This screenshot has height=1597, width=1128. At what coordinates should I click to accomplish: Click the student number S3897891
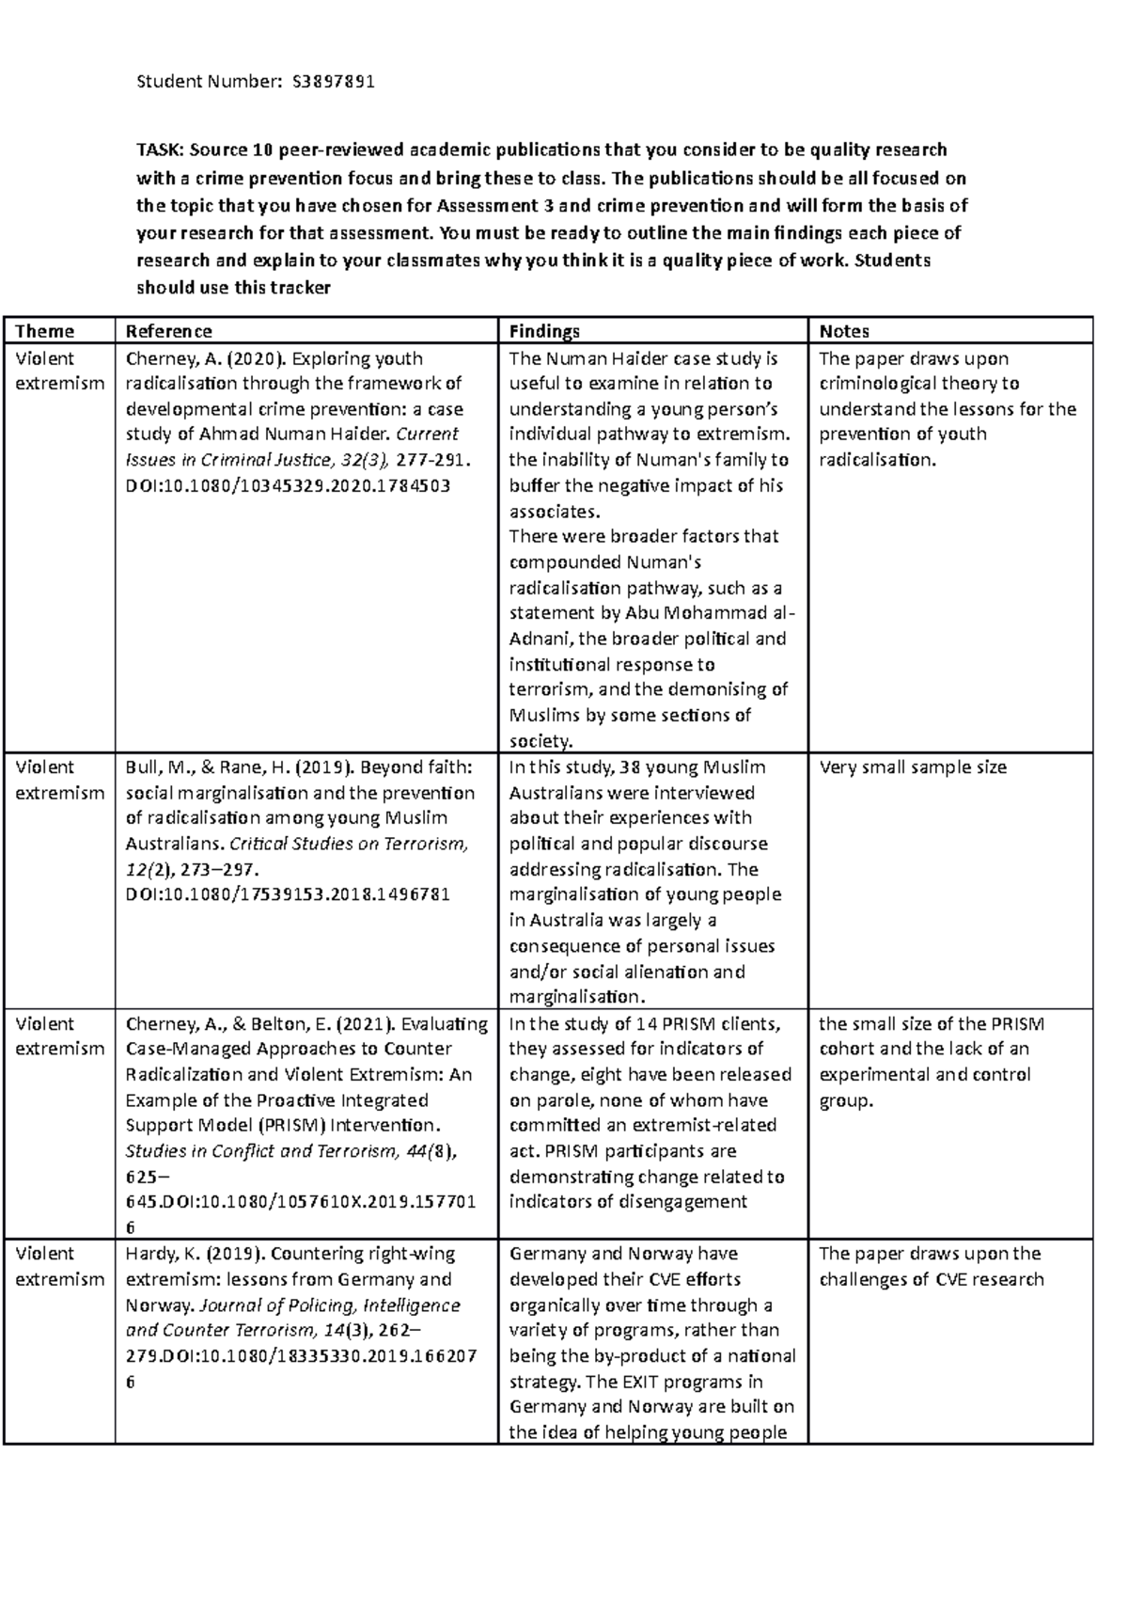click(x=333, y=81)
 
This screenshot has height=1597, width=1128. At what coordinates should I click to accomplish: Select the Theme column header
click(x=44, y=331)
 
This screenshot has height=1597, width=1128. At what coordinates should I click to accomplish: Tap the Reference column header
click(x=168, y=331)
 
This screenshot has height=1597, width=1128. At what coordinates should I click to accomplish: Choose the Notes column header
click(x=843, y=331)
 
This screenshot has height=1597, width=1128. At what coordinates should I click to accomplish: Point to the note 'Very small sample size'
click(x=912, y=767)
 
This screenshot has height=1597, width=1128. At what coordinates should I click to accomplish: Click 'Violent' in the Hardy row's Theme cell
click(x=44, y=1254)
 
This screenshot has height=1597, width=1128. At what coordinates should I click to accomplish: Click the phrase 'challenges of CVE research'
click(x=931, y=1279)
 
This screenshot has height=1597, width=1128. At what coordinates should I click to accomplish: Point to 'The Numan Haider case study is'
click(x=643, y=358)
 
